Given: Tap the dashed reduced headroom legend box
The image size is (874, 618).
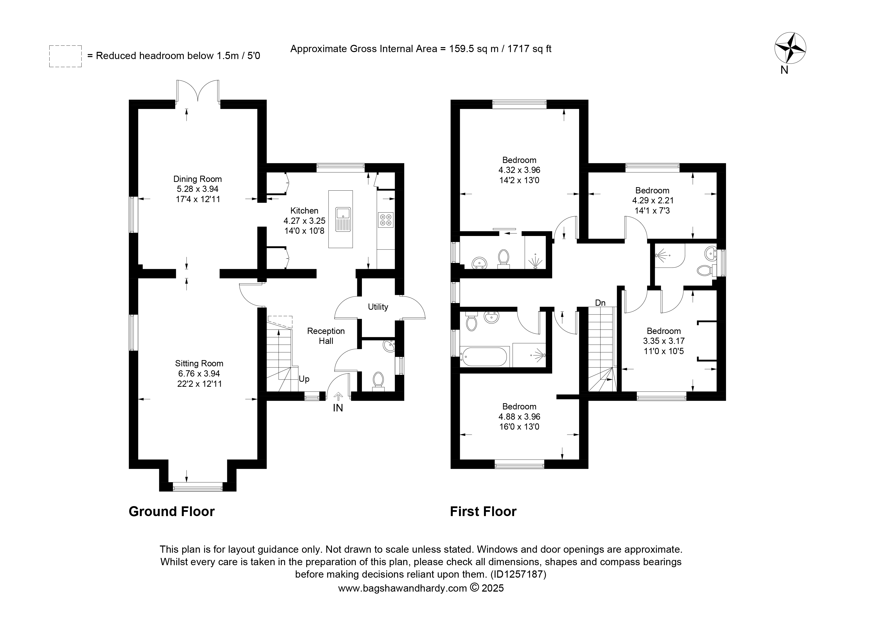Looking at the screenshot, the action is [66, 56].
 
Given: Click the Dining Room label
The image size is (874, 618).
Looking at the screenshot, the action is [198, 179].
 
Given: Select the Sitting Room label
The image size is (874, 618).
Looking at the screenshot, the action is [199, 363].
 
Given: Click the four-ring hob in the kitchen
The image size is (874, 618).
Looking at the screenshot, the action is [386, 220].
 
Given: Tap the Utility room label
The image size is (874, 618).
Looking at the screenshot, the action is [378, 307].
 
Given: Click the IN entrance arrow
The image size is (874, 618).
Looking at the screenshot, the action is [338, 397].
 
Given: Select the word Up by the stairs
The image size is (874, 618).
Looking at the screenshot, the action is [304, 379].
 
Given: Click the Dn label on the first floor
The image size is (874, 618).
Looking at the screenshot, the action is [600, 303].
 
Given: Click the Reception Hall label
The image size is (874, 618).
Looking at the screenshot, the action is [326, 336].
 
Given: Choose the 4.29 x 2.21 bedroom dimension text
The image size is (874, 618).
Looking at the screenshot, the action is [653, 200].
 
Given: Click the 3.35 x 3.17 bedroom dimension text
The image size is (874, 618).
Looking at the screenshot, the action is [664, 341].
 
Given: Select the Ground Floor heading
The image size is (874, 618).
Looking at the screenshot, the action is [172, 511].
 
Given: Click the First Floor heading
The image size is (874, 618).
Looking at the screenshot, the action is [483, 511].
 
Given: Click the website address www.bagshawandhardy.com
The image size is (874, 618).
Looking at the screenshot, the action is [403, 588].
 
